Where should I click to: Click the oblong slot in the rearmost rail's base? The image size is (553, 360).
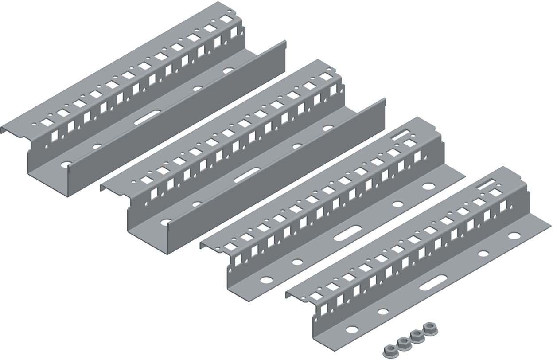point(145,120)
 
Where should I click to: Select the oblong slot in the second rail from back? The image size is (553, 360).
point(247,174)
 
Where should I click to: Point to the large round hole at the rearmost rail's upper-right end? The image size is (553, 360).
point(228,70)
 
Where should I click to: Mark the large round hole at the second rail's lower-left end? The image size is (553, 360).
point(167,221)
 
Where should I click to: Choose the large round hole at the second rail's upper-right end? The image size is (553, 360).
point(328,128)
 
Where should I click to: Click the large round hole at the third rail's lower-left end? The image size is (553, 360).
point(267,280)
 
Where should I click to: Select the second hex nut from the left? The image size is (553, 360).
point(402,342)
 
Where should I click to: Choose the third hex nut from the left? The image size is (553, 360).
point(416,335)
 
